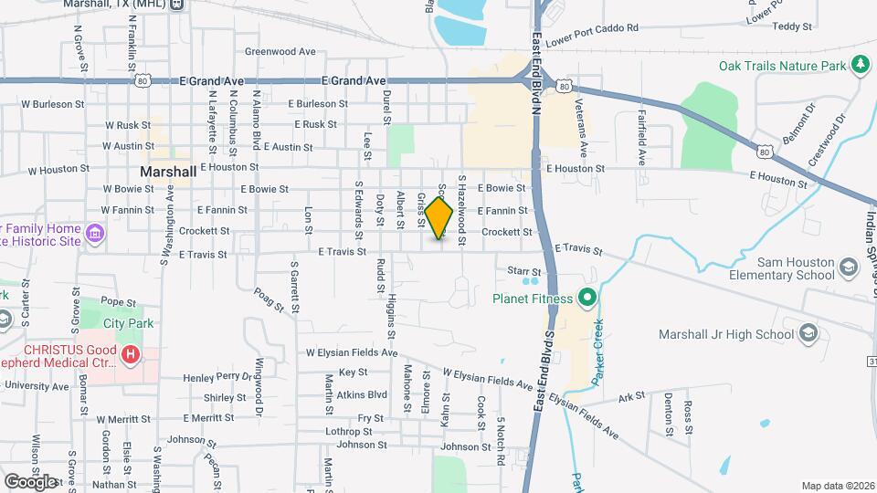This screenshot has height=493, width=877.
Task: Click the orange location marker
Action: coord(439,218)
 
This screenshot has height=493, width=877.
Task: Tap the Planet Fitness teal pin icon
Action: coord(587,298)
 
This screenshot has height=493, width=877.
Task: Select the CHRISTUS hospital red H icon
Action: coord(132,354)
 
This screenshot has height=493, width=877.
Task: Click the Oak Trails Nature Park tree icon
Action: coord(859,64)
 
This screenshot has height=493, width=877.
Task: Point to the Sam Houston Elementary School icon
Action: coord(849,267)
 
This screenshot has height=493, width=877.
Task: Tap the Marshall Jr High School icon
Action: coord(808,334)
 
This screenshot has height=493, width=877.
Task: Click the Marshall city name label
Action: coord(168,172)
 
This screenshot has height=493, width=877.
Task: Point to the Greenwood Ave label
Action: coord(280,52)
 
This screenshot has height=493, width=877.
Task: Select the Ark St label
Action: coord(631,397)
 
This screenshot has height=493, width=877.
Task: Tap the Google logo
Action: coord(30,481)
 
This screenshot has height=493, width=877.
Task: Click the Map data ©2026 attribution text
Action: coord(836,485)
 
